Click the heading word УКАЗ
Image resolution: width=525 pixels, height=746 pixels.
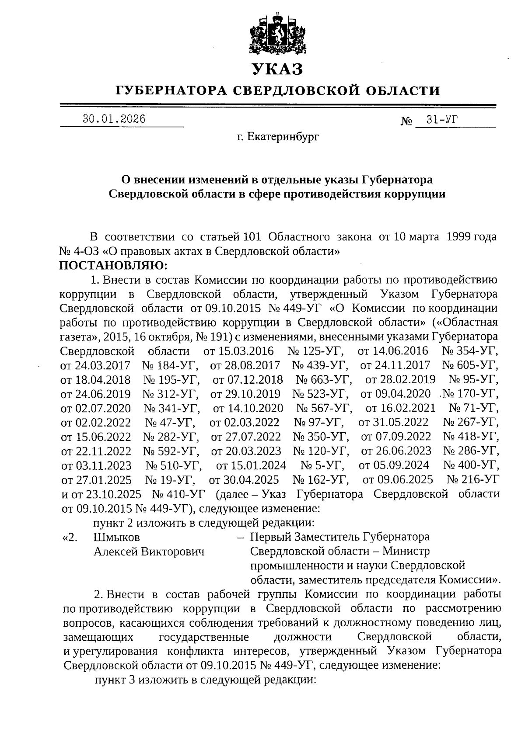coord(277,69)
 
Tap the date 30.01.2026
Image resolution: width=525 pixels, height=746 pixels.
coord(114,119)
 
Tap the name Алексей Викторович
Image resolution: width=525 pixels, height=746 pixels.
coord(149,551)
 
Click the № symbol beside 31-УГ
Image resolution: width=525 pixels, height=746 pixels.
coord(406,121)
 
